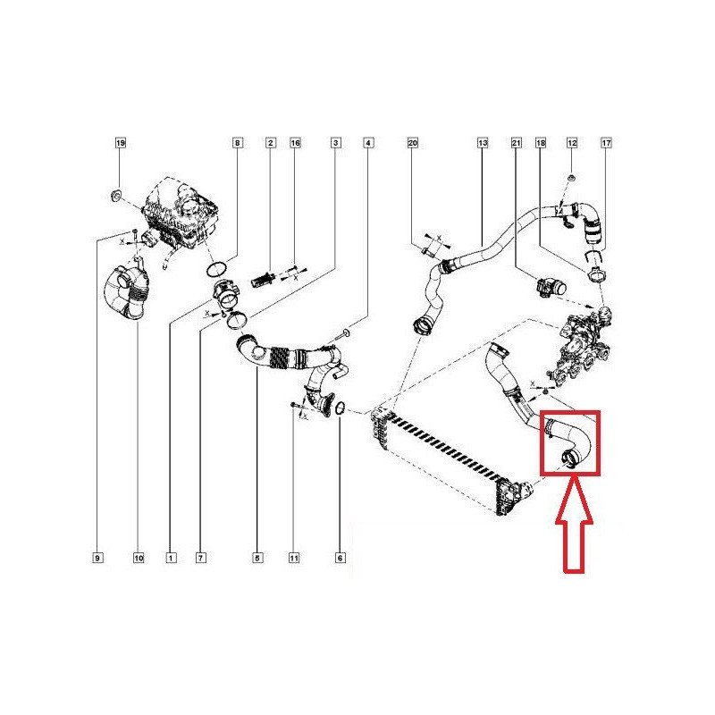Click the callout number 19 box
(x=120, y=143)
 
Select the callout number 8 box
(x=237, y=143)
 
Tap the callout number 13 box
(x=483, y=143)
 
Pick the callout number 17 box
(x=606, y=143)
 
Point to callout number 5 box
(x=257, y=558)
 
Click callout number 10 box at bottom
(x=139, y=558)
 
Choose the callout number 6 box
(x=341, y=558)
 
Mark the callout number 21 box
(x=516, y=143)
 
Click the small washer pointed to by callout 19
(x=116, y=196)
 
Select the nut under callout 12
(x=572, y=177)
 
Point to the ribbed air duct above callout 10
(x=125, y=292)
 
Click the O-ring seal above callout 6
(x=341, y=408)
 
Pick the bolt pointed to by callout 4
(x=343, y=334)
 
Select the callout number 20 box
(x=412, y=143)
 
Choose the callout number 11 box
(x=294, y=558)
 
